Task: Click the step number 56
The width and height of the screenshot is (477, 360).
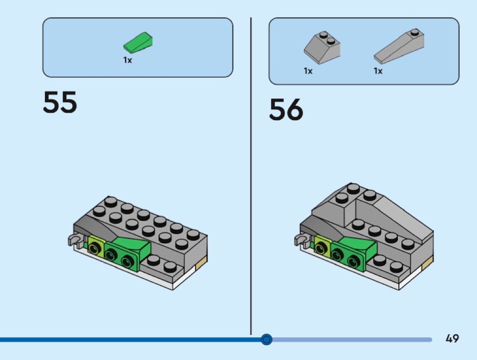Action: pos(286,109)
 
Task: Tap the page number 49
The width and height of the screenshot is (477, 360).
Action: pos(452,338)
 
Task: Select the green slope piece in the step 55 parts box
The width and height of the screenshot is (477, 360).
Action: pos(138,42)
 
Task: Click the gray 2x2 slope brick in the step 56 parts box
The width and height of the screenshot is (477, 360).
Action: pos(322,48)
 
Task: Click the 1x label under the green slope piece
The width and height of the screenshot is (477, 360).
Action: pos(128,60)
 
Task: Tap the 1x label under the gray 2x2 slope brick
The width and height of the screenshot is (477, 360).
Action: pos(308,71)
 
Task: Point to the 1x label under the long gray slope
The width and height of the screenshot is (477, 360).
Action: pos(378,71)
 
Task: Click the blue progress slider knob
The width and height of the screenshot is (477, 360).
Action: pos(267,339)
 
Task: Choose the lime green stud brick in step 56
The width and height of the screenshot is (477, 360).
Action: pos(322,245)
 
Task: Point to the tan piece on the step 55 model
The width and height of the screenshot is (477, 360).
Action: pos(202,262)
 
